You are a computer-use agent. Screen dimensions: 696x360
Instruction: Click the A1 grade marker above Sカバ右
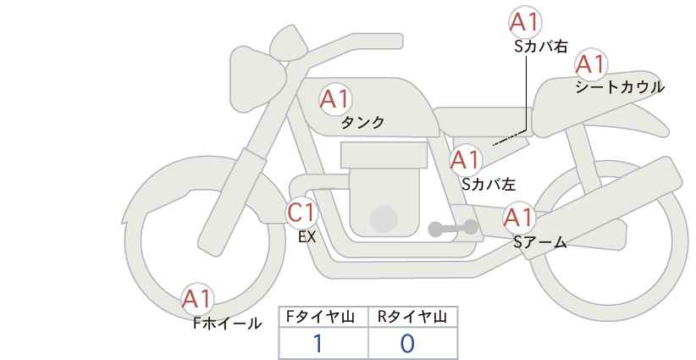[x=525, y=22]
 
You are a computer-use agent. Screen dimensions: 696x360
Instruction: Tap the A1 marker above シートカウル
[x=591, y=64]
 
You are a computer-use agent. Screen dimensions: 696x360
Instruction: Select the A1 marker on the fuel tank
[x=335, y=99]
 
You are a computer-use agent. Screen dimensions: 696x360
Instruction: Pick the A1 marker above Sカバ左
[x=465, y=160]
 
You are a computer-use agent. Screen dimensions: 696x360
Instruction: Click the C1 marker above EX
[x=301, y=213]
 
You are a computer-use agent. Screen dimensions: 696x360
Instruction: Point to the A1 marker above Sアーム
[x=518, y=218]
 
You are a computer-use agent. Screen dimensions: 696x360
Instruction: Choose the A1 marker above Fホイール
[x=197, y=299]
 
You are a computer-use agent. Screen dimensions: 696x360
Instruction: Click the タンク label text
[x=362, y=122]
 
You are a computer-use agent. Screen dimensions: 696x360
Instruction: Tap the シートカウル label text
[x=620, y=86]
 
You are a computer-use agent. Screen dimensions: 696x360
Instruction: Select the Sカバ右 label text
[x=541, y=47]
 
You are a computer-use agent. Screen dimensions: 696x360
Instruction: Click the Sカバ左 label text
[x=489, y=184]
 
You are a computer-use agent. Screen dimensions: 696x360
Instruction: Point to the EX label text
[x=307, y=237]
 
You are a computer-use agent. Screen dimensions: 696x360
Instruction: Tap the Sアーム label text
[x=540, y=242]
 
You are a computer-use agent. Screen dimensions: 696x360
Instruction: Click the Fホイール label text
[x=227, y=324]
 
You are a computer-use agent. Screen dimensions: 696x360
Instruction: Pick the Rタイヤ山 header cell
[x=413, y=317]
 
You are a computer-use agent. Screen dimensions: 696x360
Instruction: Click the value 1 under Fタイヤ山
[x=318, y=344]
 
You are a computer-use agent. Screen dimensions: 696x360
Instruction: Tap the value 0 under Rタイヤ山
[x=407, y=344]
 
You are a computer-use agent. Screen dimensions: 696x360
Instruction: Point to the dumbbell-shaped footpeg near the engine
[x=453, y=228]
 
